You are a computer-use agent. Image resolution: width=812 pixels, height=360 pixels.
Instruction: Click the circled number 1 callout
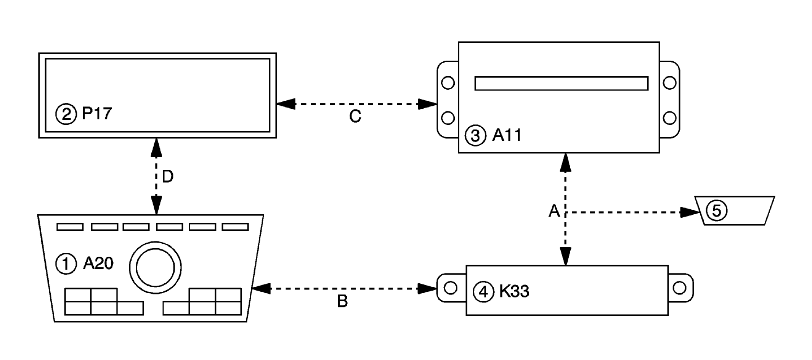pyautogui.click(x=66, y=264)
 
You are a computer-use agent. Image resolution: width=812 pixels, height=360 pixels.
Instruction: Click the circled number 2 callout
pyautogui.click(x=66, y=114)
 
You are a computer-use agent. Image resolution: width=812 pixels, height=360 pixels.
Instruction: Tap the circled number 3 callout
pyautogui.click(x=475, y=136)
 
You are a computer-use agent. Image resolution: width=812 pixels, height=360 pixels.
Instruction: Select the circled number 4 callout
pyautogui.click(x=483, y=292)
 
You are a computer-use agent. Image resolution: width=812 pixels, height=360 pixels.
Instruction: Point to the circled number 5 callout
pyautogui.click(x=716, y=211)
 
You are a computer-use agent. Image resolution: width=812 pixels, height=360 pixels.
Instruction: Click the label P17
pyautogui.click(x=97, y=113)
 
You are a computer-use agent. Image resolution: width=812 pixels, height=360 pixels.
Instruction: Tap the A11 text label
pyautogui.click(x=507, y=135)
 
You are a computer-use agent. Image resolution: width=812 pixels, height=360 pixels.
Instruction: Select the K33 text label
pyautogui.click(x=514, y=291)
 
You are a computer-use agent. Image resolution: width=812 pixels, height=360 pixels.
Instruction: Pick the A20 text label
pyautogui.click(x=98, y=264)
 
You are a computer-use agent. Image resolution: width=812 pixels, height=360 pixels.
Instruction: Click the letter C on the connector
pyautogui.click(x=355, y=116)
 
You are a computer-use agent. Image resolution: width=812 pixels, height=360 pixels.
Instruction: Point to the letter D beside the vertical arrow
pyautogui.click(x=168, y=177)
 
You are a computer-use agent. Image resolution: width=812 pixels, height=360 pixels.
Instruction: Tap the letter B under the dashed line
pyautogui.click(x=342, y=302)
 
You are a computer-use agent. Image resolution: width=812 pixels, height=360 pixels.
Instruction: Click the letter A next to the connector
pyautogui.click(x=554, y=211)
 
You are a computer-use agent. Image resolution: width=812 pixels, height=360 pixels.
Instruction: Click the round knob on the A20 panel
pyautogui.click(x=155, y=267)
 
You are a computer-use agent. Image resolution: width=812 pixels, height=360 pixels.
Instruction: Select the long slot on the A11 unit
pyautogui.click(x=561, y=84)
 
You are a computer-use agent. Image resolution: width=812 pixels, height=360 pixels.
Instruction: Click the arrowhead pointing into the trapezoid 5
pyautogui.click(x=690, y=212)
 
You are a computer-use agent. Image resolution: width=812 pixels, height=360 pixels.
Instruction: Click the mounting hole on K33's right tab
pyautogui.click(x=680, y=288)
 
